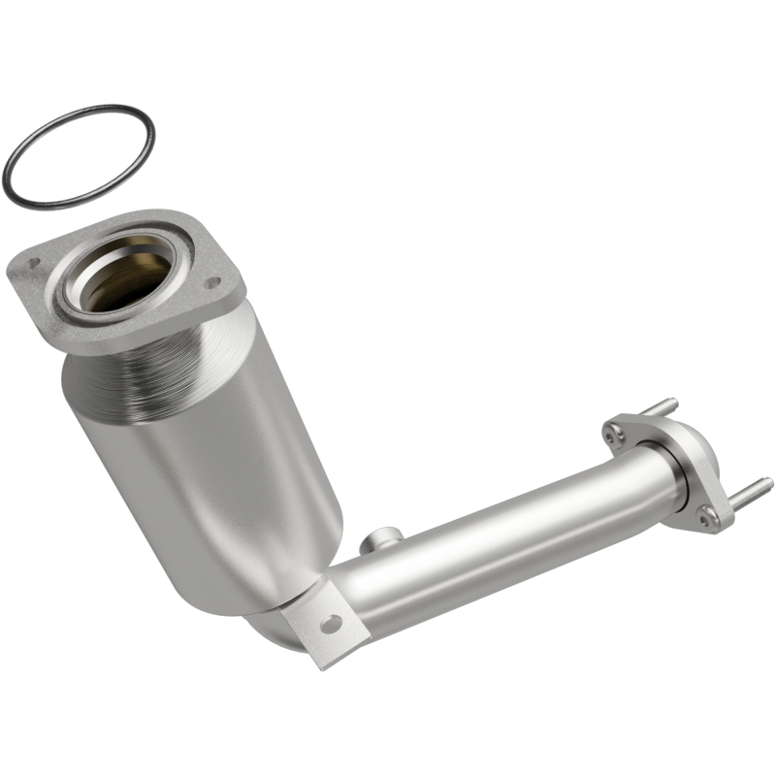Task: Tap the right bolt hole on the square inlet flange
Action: tap(215, 283)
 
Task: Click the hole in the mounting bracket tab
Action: tap(331, 625)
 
